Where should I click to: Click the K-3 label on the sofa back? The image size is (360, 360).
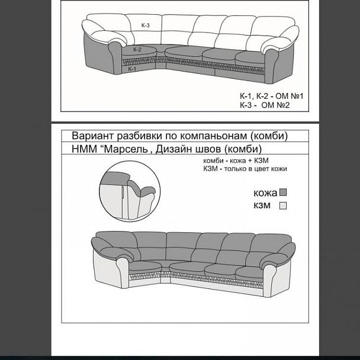(x=145, y=25)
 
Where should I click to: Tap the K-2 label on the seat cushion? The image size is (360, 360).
(x=137, y=49)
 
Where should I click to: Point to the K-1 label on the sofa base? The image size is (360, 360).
(x=132, y=69)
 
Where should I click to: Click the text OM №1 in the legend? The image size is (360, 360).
(x=290, y=96)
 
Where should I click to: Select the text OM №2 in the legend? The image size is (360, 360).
(x=275, y=105)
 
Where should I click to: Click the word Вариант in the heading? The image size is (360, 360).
(x=93, y=136)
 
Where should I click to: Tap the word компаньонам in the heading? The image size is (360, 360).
(x=213, y=136)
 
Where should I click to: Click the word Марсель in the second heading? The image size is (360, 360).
(x=126, y=149)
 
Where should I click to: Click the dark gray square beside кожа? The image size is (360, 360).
(x=283, y=192)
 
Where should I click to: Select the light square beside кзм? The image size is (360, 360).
(x=283, y=205)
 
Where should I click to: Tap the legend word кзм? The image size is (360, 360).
(x=262, y=205)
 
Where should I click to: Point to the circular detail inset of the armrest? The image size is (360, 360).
(x=130, y=191)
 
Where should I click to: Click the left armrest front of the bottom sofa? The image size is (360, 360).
(x=123, y=273)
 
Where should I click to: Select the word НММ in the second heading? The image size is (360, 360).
(x=84, y=149)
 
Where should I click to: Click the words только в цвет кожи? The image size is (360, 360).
(x=256, y=169)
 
